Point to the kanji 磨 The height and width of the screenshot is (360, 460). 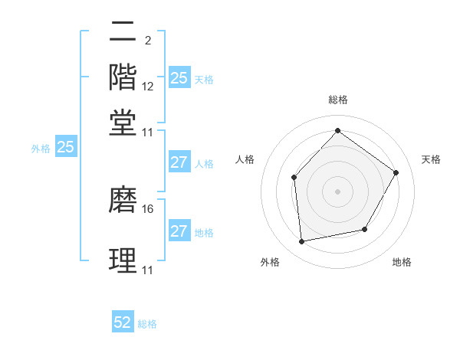click(123, 199)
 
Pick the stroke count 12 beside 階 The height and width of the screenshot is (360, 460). click(148, 87)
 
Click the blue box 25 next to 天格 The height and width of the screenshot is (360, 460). click(179, 78)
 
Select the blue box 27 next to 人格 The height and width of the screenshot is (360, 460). click(179, 162)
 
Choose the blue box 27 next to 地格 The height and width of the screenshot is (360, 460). click(179, 231)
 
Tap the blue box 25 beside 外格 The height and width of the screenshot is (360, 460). click(65, 147)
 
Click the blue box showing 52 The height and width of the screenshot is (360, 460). click(123, 323)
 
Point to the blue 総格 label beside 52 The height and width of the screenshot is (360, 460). click(147, 324)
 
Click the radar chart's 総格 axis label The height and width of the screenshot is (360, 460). click(338, 100)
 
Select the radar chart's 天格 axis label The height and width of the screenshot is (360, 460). click(432, 159)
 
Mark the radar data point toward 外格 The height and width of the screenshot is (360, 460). click(302, 242)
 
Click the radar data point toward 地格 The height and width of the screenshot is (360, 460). click(365, 229)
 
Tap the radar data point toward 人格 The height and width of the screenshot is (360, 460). click(294, 177)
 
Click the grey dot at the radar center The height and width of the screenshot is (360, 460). click(338, 191)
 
